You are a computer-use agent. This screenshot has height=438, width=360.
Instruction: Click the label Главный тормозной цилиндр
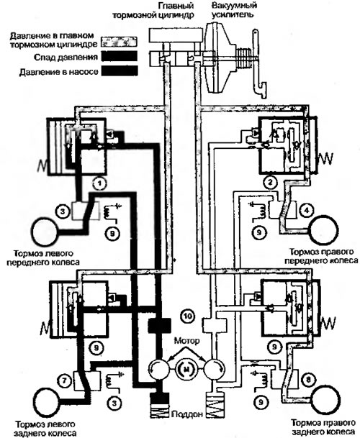[x=153, y=10]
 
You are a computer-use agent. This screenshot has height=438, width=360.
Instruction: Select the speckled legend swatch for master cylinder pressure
[x=120, y=41]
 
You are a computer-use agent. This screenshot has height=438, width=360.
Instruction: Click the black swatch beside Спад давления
[x=120, y=56]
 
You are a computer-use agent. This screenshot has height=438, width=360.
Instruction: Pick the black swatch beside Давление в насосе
[x=120, y=70]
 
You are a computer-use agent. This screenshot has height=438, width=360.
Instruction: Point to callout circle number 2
[x=270, y=183]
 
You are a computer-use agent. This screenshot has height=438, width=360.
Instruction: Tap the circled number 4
[x=307, y=210]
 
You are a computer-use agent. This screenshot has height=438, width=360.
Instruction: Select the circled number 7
[x=64, y=380]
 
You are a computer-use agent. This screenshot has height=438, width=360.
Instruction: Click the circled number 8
[x=308, y=380]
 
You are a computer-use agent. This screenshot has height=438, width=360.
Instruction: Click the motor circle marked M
[x=186, y=369]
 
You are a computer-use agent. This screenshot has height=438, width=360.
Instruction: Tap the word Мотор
[x=187, y=341]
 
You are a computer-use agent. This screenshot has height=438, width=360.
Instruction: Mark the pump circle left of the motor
[x=159, y=369]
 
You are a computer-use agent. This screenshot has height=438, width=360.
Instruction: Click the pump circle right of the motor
[x=215, y=369]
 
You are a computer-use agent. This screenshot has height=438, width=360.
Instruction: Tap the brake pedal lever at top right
[x=258, y=63]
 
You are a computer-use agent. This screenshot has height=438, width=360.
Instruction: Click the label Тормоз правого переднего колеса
[x=324, y=256]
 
